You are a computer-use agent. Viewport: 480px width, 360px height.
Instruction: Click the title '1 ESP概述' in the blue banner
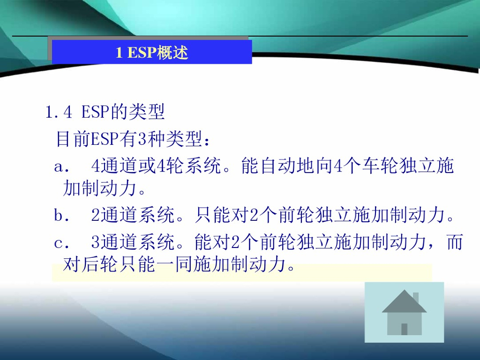pos(152,52)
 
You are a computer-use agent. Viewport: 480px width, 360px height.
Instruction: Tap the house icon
pos(404,312)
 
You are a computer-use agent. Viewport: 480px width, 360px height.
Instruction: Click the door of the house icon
pos(404,329)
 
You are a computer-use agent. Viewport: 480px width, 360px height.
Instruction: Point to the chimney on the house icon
pos(415,298)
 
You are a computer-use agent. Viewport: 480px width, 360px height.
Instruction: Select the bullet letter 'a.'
pos(62,166)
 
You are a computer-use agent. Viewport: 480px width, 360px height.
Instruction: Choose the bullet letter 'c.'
pos(62,243)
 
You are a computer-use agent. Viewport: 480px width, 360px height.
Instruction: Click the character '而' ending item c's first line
pos(454,243)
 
